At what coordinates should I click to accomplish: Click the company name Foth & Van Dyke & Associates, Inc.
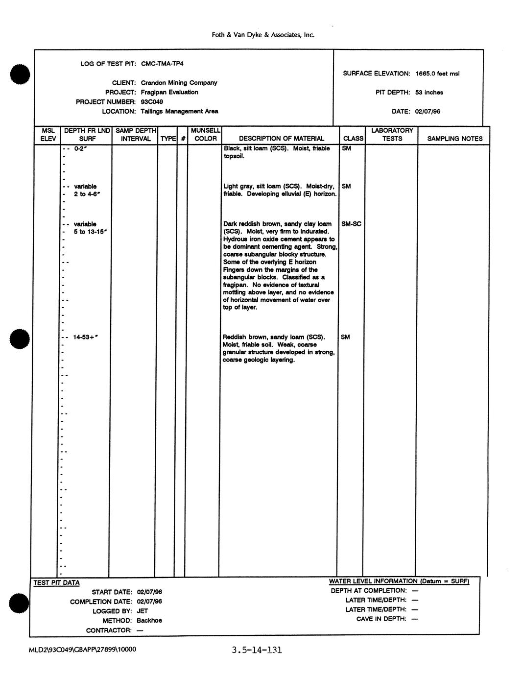click(x=262, y=35)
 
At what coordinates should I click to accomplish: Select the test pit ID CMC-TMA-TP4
click(x=162, y=64)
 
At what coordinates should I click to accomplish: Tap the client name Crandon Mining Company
click(x=179, y=83)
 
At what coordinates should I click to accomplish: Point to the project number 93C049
click(x=152, y=102)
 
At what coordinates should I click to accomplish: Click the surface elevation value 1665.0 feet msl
click(x=437, y=73)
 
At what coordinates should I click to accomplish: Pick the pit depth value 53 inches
click(x=429, y=93)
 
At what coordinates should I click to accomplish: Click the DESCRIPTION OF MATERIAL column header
click(x=281, y=139)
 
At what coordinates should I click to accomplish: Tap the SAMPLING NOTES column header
click(x=454, y=139)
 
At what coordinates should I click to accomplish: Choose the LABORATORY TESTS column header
click(x=392, y=135)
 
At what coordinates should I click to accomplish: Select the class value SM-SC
click(x=351, y=224)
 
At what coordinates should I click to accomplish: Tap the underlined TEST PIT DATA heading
click(x=56, y=583)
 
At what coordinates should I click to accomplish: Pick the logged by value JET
click(x=142, y=611)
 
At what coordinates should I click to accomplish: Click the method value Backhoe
click(x=149, y=621)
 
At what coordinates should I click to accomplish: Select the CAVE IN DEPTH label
click(x=381, y=619)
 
